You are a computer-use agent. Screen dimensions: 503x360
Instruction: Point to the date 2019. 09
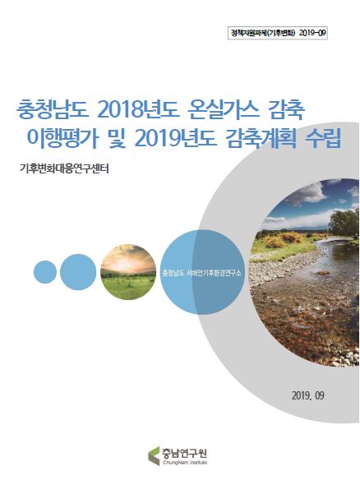[x=308, y=395]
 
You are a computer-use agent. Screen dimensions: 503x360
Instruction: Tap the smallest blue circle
[x=45, y=270]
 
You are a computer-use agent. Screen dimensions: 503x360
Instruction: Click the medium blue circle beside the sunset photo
[x=79, y=271]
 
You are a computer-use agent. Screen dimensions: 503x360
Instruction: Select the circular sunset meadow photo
[x=127, y=270]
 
